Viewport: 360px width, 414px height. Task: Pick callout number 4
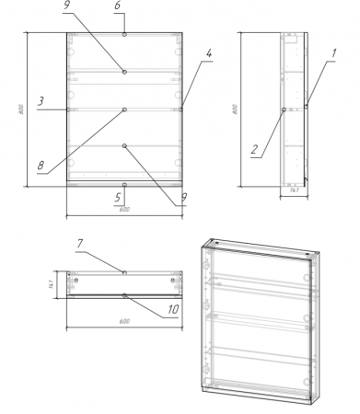tap(209, 53)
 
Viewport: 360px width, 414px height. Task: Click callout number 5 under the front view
tap(118, 196)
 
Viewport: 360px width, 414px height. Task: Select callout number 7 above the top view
tap(81, 243)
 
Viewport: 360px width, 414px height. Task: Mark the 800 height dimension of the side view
tap(235, 109)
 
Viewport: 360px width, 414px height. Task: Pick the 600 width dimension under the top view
tap(124, 322)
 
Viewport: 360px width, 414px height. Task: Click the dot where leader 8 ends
tap(124, 109)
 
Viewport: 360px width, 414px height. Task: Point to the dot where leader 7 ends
tap(124, 271)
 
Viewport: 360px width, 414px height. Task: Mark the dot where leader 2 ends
tap(285, 109)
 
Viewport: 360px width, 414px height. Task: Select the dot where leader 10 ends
tap(124, 295)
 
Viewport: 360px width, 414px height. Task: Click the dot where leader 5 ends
tap(124, 184)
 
